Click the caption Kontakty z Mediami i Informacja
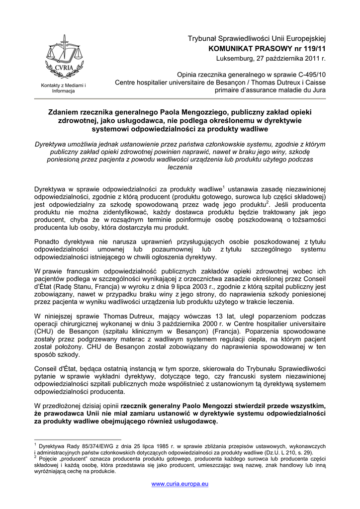(63, 88)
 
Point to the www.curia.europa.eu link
(180, 484)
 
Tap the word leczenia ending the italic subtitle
(180, 168)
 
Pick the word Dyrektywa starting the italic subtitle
(52, 144)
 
